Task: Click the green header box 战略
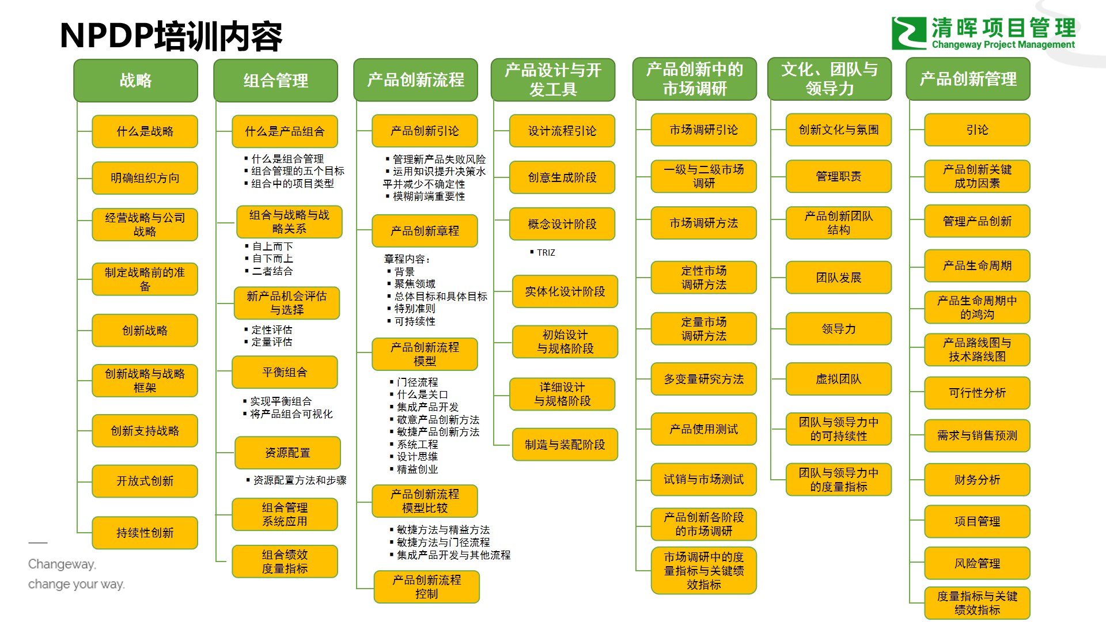coord(135,80)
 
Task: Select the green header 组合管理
coord(275,81)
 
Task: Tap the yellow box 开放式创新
coord(145,481)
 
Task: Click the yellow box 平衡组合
coord(285,372)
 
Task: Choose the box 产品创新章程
coord(425,231)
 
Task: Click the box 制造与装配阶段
coord(565,445)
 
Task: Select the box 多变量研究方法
coord(703,379)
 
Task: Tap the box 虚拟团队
coord(838,379)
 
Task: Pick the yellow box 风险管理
coord(977,563)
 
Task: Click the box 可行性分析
coord(977,393)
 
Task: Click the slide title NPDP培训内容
coord(171,36)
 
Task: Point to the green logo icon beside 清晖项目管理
coord(908,33)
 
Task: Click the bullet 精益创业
coord(417,469)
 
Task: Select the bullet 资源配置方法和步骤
coord(300,480)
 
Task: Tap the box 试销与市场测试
coord(703,479)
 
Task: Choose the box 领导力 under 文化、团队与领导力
coord(838,329)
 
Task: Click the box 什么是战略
coord(145,131)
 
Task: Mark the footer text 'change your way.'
coord(76,584)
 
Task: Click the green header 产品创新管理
coord(968,79)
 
